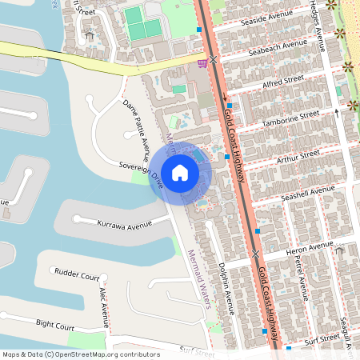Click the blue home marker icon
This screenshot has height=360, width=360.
pyautogui.click(x=180, y=173)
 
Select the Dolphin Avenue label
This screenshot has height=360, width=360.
pyautogui.click(x=229, y=284)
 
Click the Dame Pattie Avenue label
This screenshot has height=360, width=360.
pyautogui.click(x=137, y=126)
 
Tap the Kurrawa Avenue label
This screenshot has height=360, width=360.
pyautogui.click(x=124, y=225)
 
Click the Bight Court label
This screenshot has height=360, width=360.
pyautogui.click(x=54, y=324)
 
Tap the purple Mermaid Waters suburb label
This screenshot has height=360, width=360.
pyautogui.click(x=198, y=276)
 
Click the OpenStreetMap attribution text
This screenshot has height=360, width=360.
pyautogui.click(x=80, y=354)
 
